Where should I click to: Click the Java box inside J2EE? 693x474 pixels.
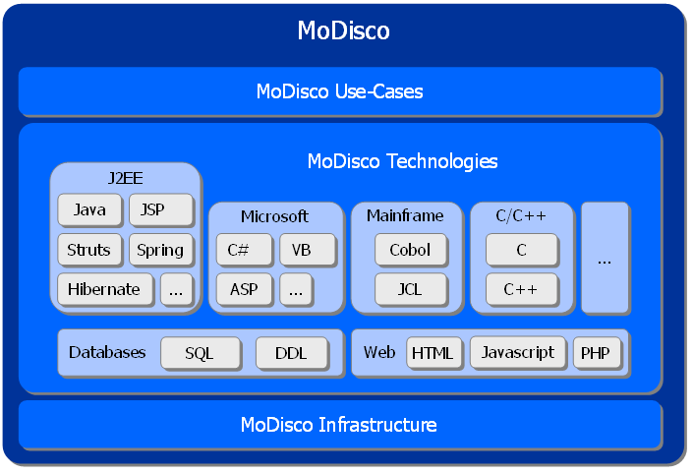tap(89, 209)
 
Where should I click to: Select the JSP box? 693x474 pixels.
tap(160, 209)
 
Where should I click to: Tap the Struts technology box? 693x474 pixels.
tap(89, 250)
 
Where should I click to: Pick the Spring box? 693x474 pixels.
tap(160, 250)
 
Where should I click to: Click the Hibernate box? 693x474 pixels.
tap(105, 289)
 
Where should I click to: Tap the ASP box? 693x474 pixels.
tap(244, 289)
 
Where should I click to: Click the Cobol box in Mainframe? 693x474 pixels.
tap(410, 250)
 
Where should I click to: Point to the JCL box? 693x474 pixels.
tap(410, 289)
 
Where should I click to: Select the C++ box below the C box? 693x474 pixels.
tap(521, 289)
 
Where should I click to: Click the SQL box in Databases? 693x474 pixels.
tap(200, 353)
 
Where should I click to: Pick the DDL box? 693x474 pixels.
tap(291, 353)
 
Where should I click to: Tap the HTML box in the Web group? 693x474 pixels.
tap(433, 353)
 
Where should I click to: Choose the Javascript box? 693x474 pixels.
tap(518, 352)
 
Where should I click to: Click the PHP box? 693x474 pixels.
tap(597, 353)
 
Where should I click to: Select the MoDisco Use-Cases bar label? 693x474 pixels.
tap(339, 91)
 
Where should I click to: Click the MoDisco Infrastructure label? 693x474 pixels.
tap(339, 425)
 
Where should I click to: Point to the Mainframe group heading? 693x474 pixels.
tap(405, 215)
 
